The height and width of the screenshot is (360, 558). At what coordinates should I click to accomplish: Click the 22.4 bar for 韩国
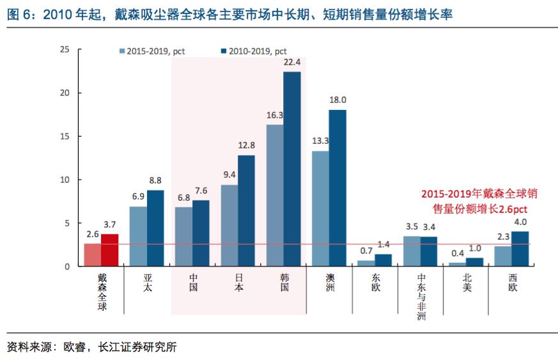292,169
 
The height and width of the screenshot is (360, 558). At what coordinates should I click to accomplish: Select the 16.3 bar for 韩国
275,195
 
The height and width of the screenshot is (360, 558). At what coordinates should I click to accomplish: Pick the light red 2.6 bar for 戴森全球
93,255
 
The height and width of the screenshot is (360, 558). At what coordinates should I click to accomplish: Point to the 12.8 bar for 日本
246,210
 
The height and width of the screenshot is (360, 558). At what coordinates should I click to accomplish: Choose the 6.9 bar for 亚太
138,236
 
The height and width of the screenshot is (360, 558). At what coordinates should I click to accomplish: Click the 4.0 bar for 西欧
520,249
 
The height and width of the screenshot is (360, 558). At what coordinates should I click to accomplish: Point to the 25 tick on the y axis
64,49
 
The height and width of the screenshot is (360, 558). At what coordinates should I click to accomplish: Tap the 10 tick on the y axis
64,180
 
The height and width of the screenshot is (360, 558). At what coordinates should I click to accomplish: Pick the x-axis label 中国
193,283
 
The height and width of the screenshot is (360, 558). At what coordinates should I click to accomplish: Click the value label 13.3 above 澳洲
321,141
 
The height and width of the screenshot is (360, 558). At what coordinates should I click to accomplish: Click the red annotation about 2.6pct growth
474,201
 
